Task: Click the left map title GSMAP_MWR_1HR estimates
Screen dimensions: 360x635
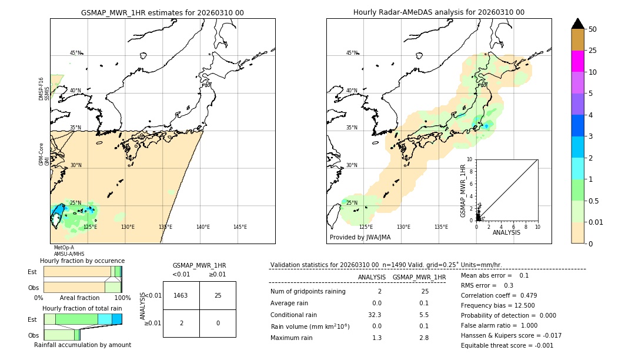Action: coord(162,12)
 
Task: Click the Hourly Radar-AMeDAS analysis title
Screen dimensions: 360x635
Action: coord(439,12)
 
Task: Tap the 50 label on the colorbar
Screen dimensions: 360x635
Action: coord(593,29)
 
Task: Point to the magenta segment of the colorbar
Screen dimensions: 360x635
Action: coord(577,61)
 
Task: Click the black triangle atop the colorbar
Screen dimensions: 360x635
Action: coord(577,24)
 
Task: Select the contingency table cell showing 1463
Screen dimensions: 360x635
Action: coord(181,295)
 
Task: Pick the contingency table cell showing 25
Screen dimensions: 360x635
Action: coord(218,295)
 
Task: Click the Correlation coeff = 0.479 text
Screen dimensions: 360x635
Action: coord(499,295)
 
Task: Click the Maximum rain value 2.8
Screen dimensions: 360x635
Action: coord(423,338)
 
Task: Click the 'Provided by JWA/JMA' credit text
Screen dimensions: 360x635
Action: coord(360,238)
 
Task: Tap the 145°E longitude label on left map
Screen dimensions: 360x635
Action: coord(240,227)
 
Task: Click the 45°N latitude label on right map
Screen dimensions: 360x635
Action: coord(352,53)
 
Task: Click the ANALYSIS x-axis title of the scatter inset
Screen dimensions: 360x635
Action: coord(506,232)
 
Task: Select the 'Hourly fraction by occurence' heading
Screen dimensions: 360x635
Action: coord(82,261)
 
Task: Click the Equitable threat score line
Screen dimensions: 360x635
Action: coord(507,345)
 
